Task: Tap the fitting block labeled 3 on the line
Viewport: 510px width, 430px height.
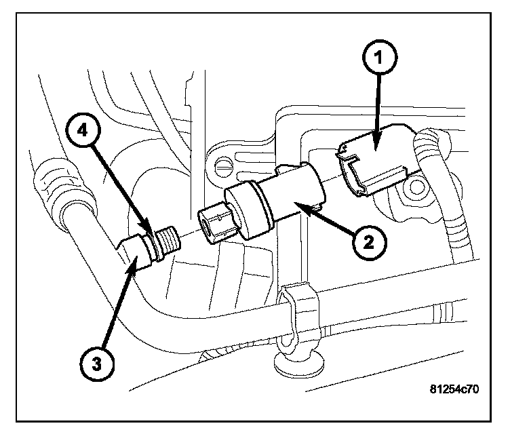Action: coord(140,251)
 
